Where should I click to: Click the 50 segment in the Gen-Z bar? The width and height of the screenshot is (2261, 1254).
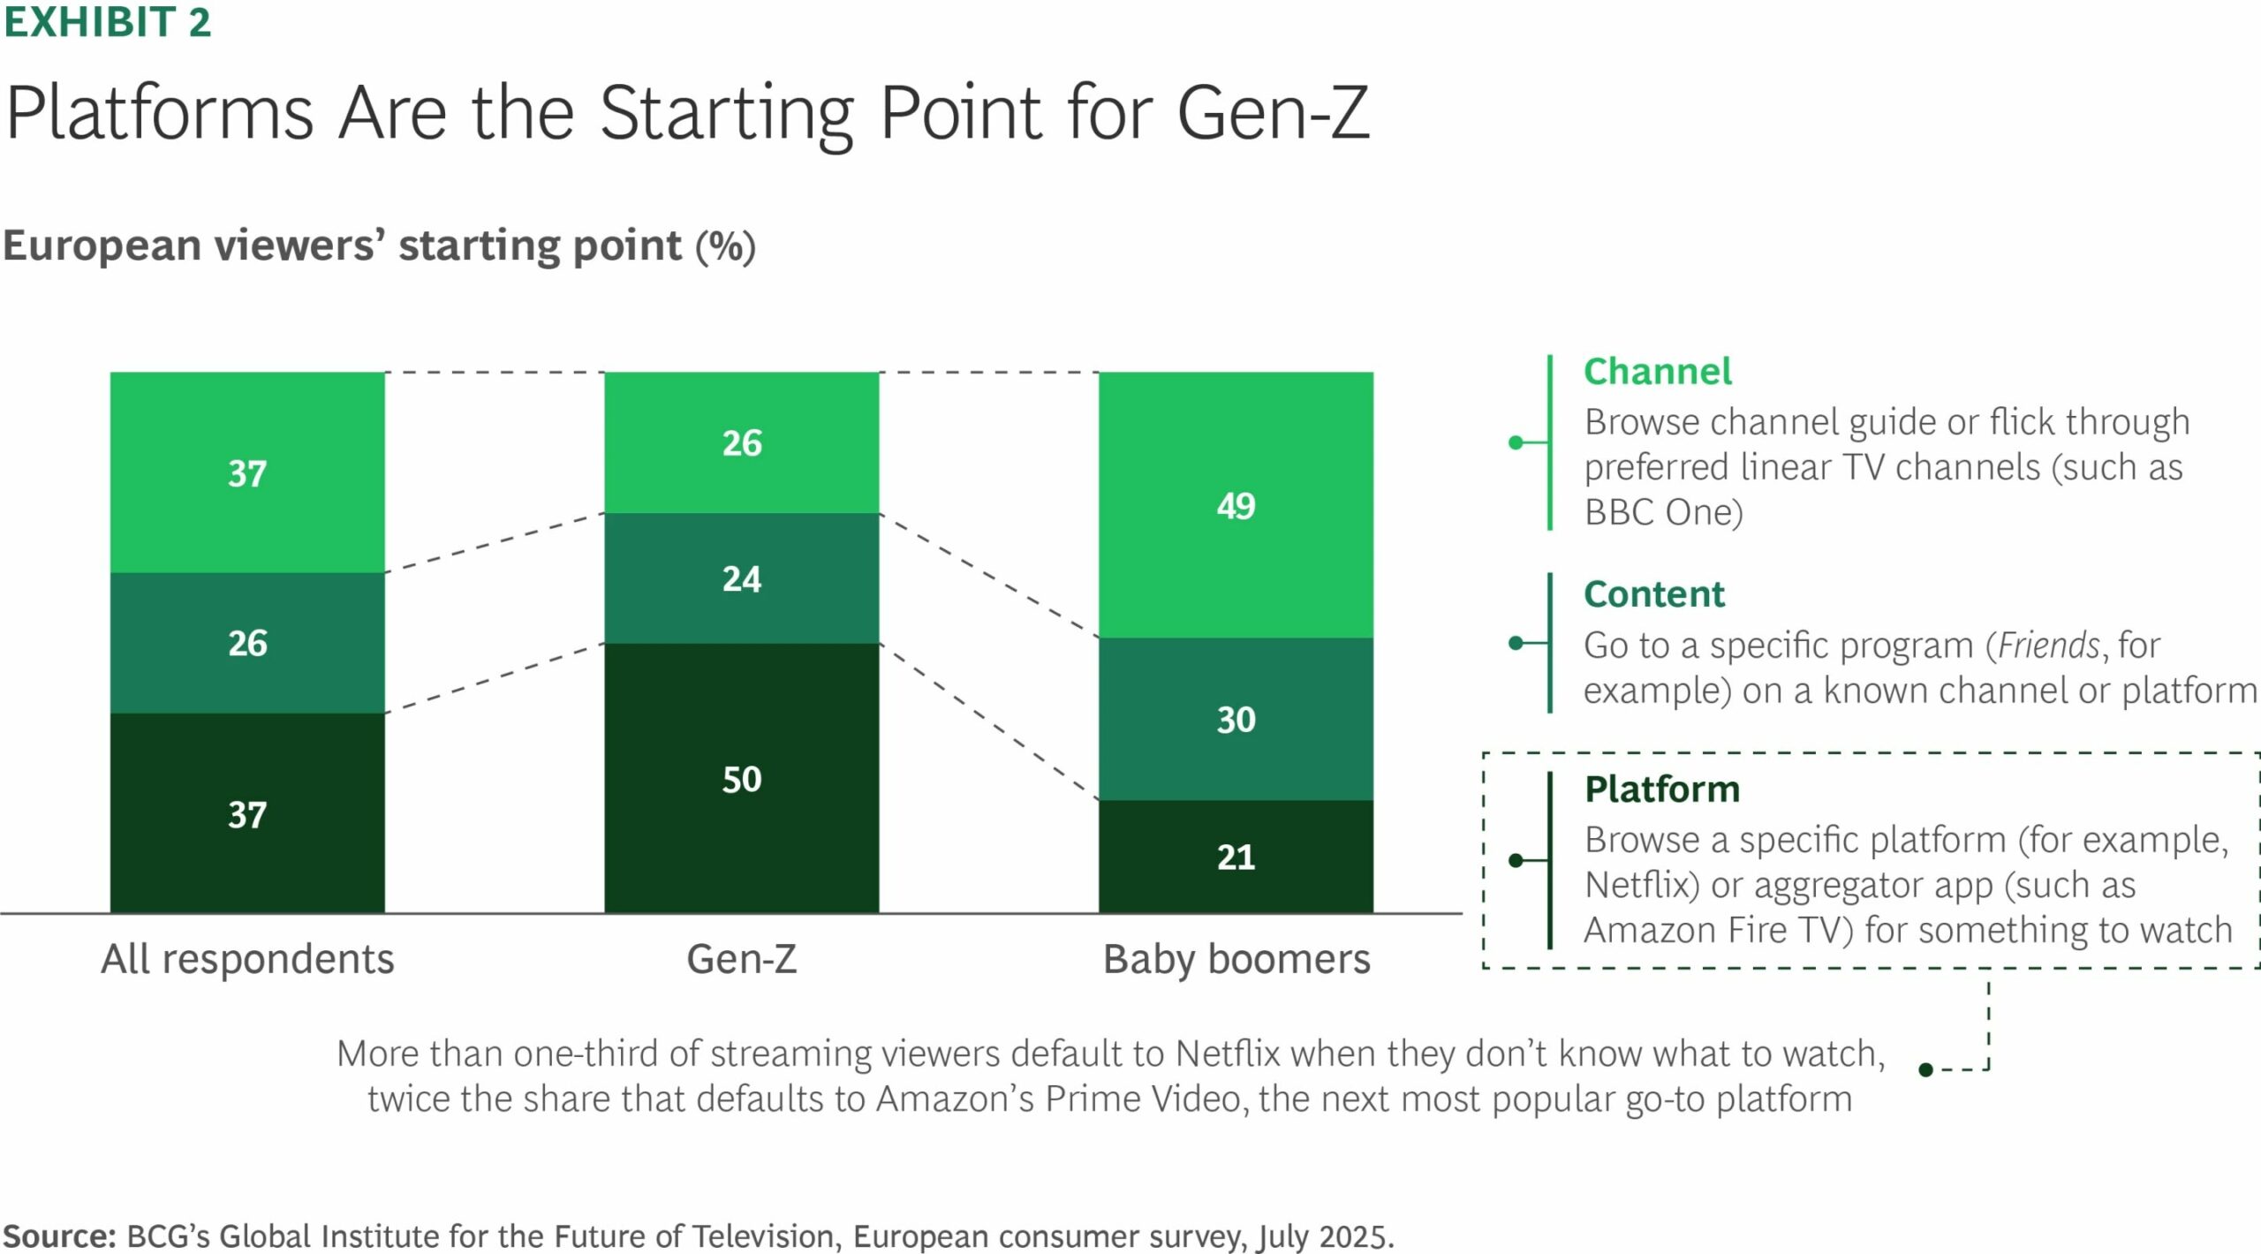pos(741,778)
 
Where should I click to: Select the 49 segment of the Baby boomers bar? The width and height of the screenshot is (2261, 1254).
pos(1236,505)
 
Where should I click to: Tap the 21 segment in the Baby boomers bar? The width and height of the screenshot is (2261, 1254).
pos(1236,856)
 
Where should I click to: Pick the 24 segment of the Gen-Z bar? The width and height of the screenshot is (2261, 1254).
pos(741,578)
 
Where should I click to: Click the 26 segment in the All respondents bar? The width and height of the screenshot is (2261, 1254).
pos(247,643)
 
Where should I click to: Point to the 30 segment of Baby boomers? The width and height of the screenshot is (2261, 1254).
pos(1236,719)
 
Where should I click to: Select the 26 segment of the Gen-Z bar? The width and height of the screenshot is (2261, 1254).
pos(741,442)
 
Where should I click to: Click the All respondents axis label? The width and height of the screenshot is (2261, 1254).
pos(247,959)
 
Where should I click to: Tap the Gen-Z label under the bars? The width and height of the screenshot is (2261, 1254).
pos(741,959)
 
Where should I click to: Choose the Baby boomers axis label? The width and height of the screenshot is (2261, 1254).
pos(1236,959)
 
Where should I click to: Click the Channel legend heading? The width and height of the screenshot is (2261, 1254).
pos(1657,372)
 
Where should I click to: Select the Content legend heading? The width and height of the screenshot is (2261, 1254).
pos(1653,594)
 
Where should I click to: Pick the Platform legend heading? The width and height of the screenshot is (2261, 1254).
pos(1661,789)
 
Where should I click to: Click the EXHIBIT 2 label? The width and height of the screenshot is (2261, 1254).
pos(107,22)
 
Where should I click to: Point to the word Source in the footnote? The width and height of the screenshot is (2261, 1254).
pos(58,1235)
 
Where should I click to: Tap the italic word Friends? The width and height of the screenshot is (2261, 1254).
pos(2048,646)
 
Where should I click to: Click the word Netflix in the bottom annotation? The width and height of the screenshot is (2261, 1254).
pos(1229,1054)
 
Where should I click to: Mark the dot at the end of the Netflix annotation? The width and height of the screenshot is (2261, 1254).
pos(1926,1070)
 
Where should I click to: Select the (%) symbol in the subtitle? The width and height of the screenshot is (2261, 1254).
pos(725,246)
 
